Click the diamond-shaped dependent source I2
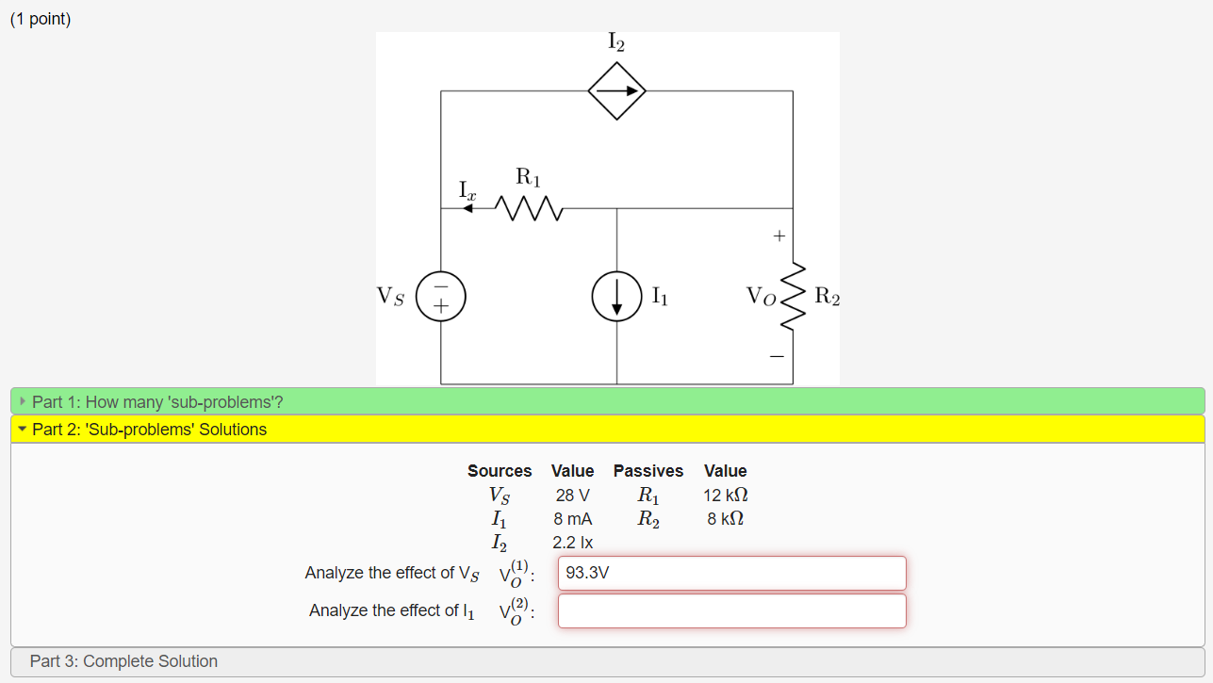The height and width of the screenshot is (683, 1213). click(616, 91)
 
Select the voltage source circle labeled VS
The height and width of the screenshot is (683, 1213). click(440, 296)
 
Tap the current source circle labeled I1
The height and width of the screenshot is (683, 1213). click(616, 296)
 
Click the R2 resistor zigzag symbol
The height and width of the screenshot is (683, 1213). click(793, 296)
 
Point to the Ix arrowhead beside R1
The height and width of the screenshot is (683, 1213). click(468, 208)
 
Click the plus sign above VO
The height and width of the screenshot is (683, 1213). click(779, 236)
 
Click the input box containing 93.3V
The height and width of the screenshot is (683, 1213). click(731, 573)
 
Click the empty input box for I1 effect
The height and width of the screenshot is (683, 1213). click(731, 610)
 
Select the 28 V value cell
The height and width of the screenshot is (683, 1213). click(572, 496)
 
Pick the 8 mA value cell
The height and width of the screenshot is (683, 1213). click(572, 519)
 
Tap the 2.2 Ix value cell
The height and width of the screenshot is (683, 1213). click(572, 543)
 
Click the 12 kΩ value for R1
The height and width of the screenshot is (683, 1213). click(725, 496)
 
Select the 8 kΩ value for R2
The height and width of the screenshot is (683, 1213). click(725, 519)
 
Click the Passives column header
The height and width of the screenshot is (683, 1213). click(648, 471)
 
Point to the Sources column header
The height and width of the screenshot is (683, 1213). click(500, 471)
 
